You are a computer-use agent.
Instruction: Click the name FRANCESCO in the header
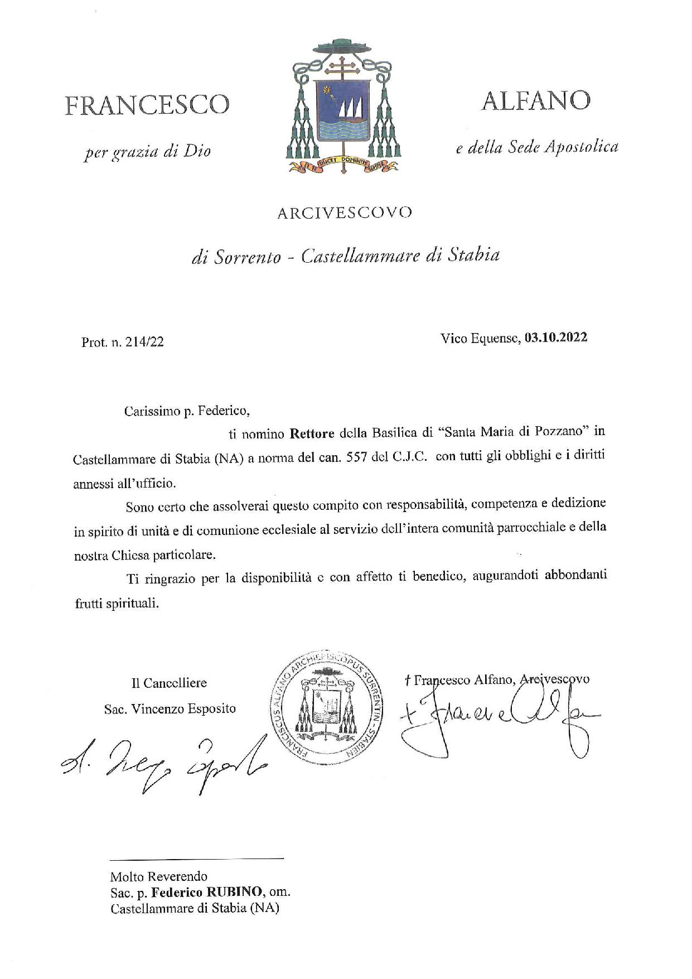(147, 104)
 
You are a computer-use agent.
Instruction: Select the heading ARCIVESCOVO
(345, 213)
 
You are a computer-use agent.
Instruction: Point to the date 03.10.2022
(555, 337)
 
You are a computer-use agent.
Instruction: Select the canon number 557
(375, 456)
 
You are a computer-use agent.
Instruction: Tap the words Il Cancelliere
(169, 683)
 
